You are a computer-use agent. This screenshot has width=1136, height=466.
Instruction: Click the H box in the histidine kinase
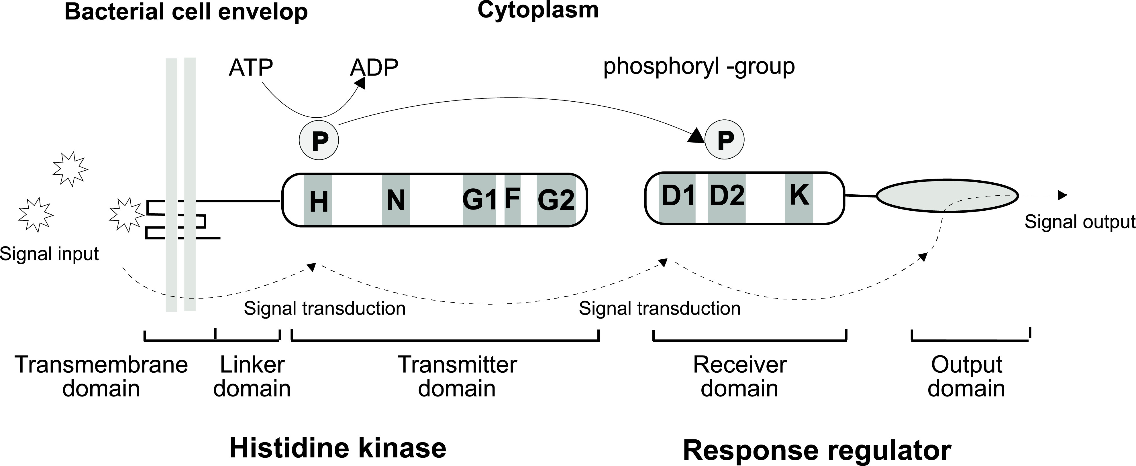click(318, 200)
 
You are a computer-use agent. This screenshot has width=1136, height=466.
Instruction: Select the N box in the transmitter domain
click(396, 200)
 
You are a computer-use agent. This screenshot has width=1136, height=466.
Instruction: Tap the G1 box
click(479, 200)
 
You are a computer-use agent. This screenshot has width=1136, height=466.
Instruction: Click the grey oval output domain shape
click(947, 197)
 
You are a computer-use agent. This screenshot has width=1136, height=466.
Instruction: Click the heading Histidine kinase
click(338, 448)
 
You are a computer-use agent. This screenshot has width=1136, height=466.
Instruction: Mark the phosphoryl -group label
click(699, 66)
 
